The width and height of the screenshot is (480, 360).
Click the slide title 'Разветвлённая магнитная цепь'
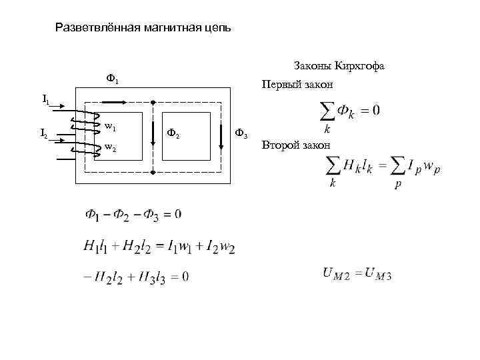(x=143, y=28)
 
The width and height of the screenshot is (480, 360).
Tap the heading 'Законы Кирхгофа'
(x=339, y=66)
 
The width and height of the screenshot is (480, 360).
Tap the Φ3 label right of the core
(x=241, y=135)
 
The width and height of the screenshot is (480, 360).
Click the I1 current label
(x=45, y=99)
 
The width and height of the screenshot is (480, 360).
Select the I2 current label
(x=44, y=135)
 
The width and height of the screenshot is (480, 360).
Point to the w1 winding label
(x=111, y=126)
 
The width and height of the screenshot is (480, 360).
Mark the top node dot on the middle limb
(x=153, y=102)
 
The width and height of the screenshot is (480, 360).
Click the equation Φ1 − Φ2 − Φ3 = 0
(x=133, y=214)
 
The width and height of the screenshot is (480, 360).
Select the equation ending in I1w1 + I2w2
(x=159, y=247)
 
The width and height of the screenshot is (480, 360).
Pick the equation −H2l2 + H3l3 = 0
(x=136, y=276)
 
